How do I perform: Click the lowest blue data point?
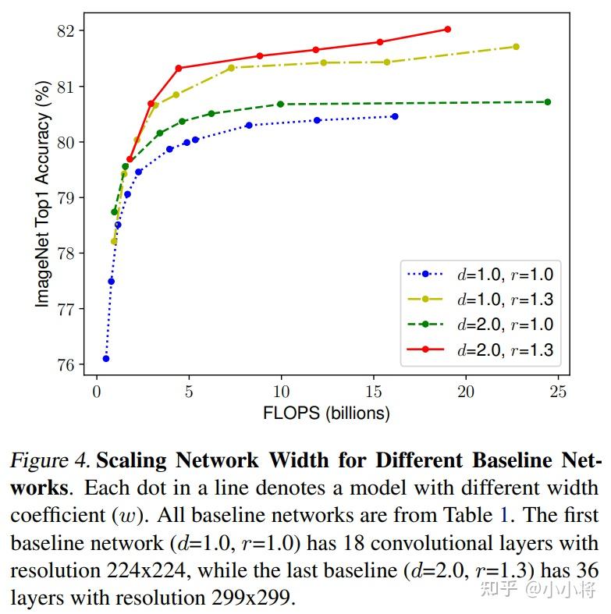click(105, 358)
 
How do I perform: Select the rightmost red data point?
click(447, 29)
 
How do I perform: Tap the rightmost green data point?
click(547, 101)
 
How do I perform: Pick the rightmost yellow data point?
click(516, 47)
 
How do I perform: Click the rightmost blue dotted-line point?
click(395, 116)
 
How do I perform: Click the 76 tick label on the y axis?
click(67, 364)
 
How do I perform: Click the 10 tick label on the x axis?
click(281, 391)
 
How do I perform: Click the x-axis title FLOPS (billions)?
click(325, 413)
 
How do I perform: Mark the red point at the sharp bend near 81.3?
click(179, 68)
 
